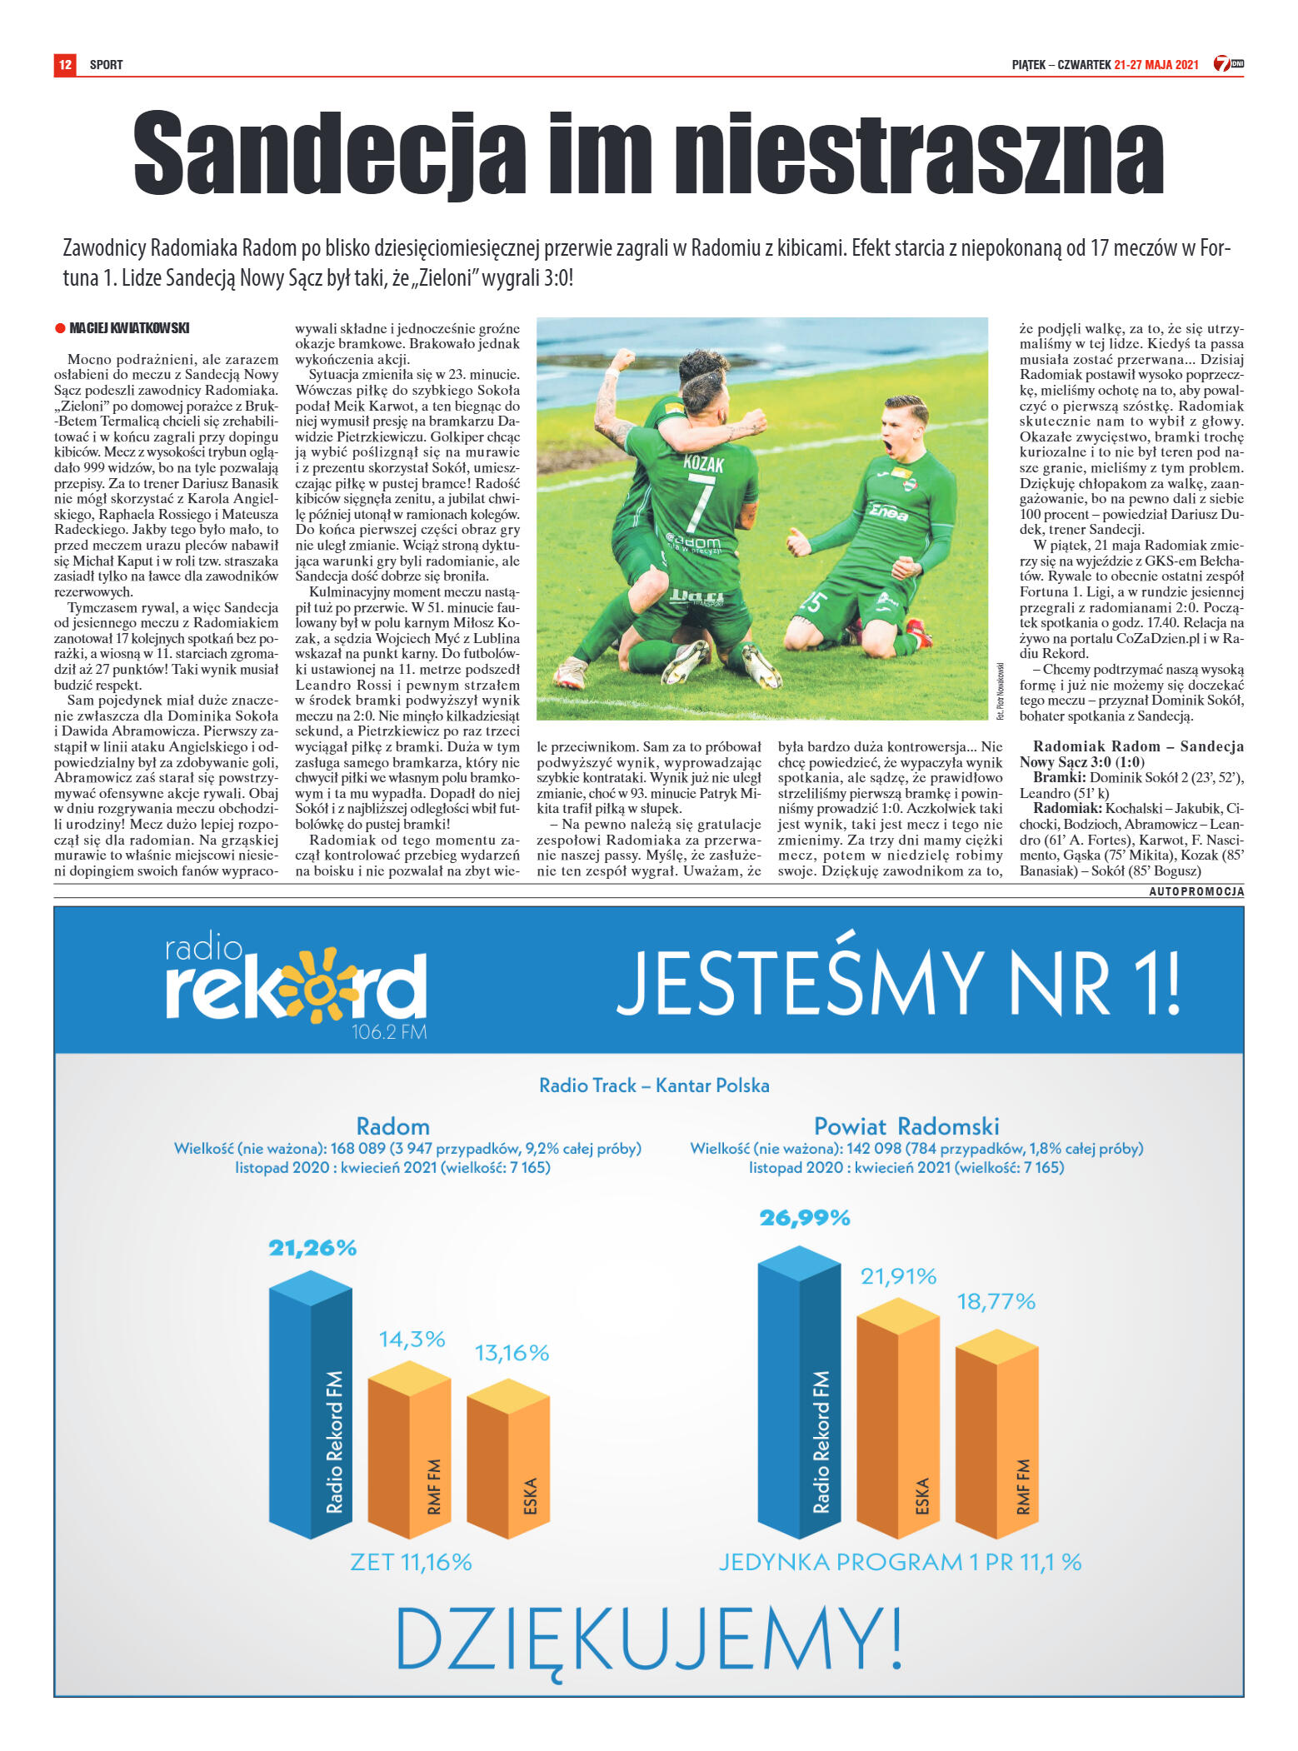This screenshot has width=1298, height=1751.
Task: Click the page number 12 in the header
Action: click(65, 64)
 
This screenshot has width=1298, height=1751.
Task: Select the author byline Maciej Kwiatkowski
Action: click(129, 328)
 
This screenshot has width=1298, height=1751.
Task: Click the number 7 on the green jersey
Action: click(700, 505)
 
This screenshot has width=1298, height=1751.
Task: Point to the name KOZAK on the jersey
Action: click(702, 463)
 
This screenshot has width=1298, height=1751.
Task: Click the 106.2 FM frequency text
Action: click(388, 1033)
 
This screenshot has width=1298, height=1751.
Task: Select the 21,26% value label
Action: click(312, 1248)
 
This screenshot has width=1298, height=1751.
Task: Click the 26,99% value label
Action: click(804, 1218)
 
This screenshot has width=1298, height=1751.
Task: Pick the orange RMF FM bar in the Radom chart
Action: click(410, 1451)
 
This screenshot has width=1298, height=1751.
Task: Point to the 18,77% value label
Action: click(996, 1301)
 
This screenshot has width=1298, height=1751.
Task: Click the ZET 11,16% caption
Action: click(411, 1562)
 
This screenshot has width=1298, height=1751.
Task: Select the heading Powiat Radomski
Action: click(906, 1126)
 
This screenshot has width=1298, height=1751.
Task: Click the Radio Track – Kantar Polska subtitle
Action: click(654, 1085)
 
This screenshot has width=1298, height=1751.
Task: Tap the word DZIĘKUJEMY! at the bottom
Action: click(648, 1637)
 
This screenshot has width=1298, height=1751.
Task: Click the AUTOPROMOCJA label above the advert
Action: click(1196, 891)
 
